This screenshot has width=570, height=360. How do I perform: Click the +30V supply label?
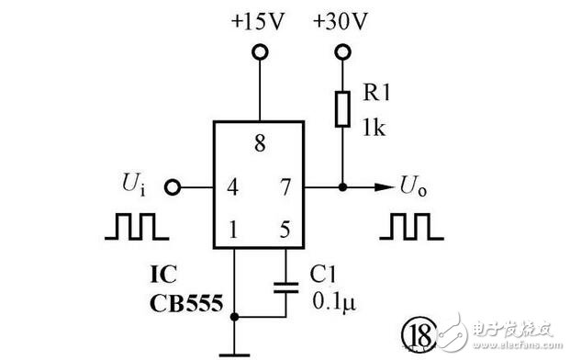click(x=341, y=21)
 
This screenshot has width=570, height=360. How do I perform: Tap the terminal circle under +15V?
click(x=261, y=53)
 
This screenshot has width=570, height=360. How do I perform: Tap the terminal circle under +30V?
click(x=342, y=53)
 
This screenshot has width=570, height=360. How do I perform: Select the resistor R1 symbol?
click(x=342, y=107)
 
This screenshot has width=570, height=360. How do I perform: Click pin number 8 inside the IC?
click(x=260, y=143)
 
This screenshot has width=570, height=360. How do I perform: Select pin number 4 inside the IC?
click(x=233, y=188)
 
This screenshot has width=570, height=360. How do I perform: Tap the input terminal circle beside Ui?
click(x=171, y=188)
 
